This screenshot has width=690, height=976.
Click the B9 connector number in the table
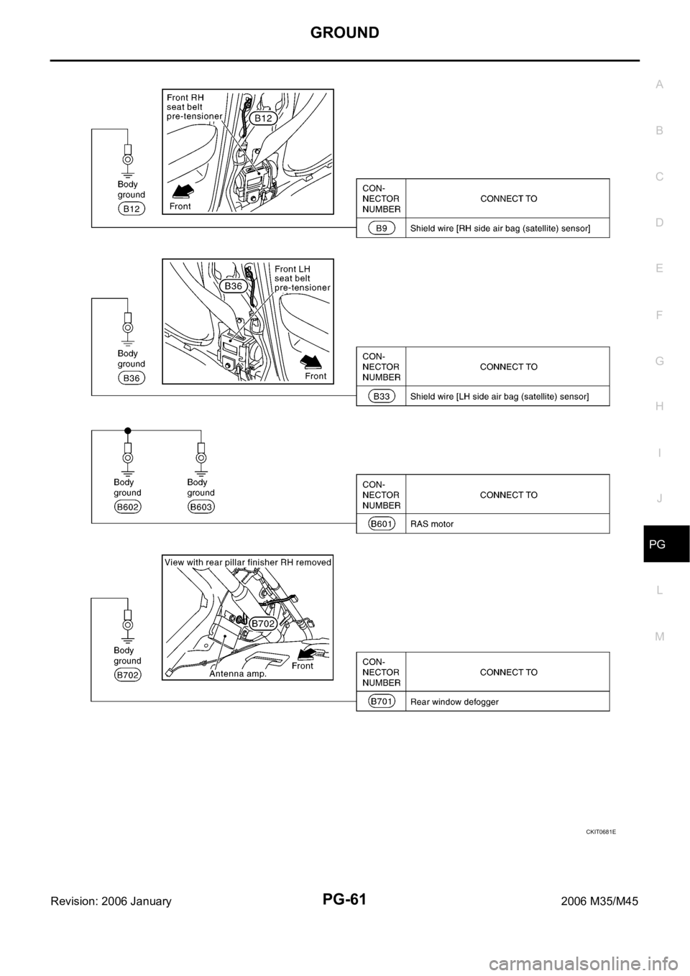[381, 228]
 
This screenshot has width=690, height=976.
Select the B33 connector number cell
[381, 396]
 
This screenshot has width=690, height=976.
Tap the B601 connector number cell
[381, 524]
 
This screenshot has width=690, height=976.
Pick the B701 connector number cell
[381, 701]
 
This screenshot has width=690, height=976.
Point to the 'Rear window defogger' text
[454, 702]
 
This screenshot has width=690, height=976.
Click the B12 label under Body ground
[132, 209]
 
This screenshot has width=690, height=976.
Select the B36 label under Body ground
[132, 378]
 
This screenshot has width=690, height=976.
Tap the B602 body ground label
[127, 507]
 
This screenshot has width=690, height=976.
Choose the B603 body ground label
[201, 507]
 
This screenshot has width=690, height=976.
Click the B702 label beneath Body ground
[127, 674]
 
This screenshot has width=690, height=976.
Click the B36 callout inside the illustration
[234, 285]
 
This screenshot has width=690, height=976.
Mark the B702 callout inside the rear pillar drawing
[264, 624]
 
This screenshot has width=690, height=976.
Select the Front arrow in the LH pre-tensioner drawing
[311, 359]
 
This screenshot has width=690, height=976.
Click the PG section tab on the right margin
[659, 545]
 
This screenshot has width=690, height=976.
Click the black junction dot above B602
[127, 430]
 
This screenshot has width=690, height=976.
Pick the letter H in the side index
[660, 406]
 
